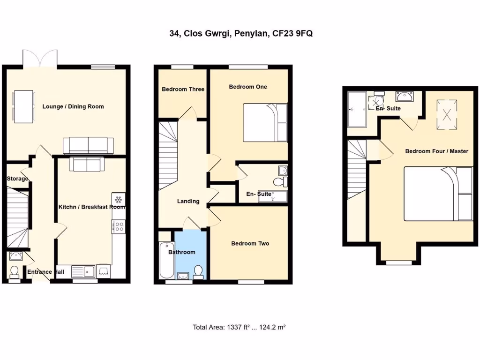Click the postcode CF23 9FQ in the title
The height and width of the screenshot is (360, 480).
[296, 33]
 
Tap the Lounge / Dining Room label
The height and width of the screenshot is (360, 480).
[73, 106]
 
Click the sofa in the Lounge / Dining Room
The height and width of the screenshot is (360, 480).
[88, 145]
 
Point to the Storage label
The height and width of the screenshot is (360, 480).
[17, 179]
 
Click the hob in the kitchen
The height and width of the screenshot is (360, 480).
[119, 226]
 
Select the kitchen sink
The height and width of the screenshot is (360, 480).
[83, 271]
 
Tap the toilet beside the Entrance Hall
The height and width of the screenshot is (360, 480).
[15, 272]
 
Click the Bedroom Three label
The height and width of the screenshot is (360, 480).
[183, 89]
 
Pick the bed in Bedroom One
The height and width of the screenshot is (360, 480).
[265, 122]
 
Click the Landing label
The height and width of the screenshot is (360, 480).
[188, 201]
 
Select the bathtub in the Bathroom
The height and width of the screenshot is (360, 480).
[165, 260]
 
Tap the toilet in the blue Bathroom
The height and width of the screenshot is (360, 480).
[198, 271]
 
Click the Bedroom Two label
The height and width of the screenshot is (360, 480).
[250, 243]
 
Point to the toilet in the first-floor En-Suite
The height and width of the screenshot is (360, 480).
[280, 181]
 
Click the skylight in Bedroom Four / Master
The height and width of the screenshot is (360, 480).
[447, 114]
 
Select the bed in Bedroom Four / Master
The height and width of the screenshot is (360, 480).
[438, 194]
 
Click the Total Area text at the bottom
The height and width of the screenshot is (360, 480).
[239, 327]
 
